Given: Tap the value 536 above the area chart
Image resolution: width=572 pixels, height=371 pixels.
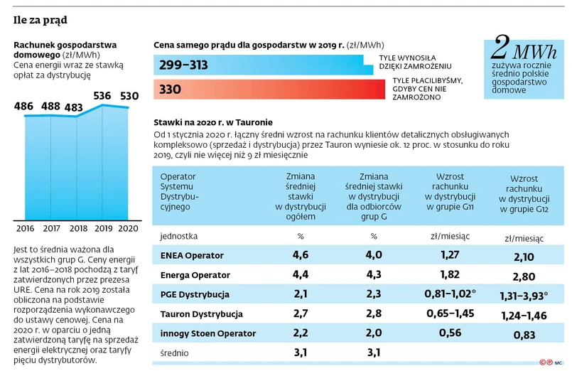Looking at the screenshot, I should [102, 95].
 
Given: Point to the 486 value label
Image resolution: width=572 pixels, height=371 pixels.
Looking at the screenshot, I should [23, 107].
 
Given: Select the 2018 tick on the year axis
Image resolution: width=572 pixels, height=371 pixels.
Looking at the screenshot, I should [77, 229].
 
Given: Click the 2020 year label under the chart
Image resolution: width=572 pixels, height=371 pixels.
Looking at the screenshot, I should [129, 229].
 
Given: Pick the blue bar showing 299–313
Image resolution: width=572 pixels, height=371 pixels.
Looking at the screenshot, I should [259, 65].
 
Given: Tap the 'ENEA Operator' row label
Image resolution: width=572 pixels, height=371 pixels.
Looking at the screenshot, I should [192, 255].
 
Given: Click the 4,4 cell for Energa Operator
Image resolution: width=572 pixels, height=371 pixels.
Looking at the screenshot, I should [301, 274].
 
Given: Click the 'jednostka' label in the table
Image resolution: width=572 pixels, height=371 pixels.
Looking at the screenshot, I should [180, 235].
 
